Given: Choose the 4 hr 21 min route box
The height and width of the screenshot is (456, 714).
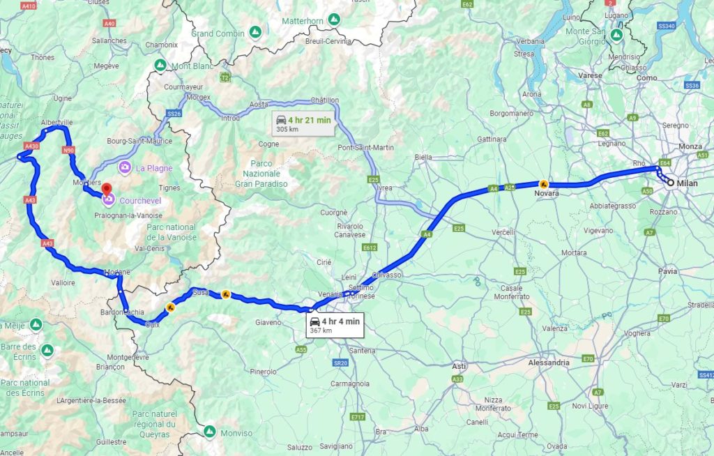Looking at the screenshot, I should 303,123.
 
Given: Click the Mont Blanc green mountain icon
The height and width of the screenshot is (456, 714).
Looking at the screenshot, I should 160,66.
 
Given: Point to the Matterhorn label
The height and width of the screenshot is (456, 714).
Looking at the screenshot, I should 303,21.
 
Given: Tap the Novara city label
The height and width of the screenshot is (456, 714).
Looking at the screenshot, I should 547,193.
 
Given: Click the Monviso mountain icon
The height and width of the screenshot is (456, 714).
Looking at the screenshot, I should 208,432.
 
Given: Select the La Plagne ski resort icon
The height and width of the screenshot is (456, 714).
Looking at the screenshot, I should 125,167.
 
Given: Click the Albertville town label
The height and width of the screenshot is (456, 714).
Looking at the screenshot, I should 57,122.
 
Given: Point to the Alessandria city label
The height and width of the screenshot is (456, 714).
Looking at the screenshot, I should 548,363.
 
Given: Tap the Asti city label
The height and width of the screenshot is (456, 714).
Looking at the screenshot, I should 459,365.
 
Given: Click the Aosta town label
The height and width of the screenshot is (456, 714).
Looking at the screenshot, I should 259,104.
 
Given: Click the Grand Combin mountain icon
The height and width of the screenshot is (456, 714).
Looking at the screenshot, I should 256,32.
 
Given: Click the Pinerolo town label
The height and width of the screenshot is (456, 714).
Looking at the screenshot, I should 263,372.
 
